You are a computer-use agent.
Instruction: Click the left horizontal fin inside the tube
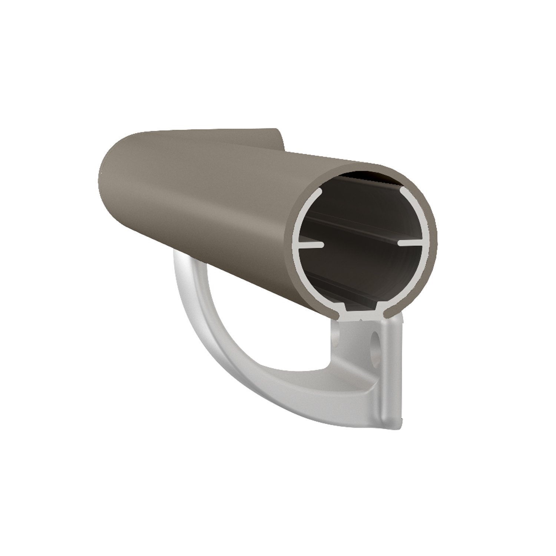pos(310,245)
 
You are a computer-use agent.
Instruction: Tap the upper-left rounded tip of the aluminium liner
pos(319,193)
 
